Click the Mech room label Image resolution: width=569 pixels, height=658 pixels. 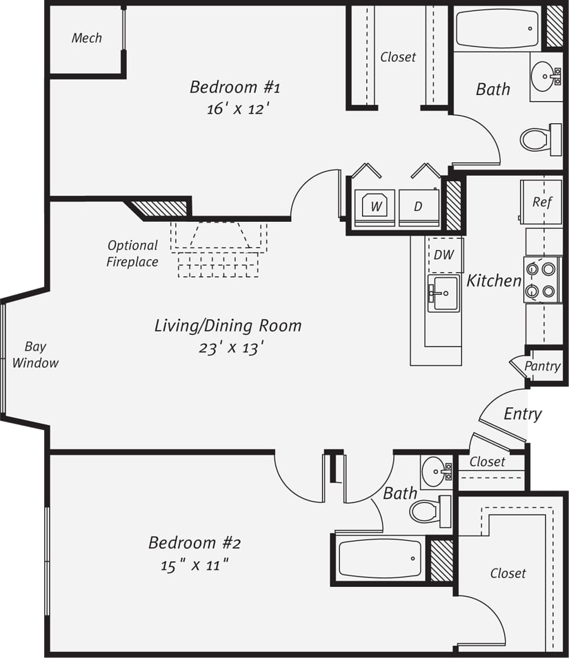coord(87,38)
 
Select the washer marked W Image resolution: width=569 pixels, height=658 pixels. coord(375,205)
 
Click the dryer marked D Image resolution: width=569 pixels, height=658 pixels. coord(418,206)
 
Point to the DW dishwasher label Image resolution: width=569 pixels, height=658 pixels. coord(444,254)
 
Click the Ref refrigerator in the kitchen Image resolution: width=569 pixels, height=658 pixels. coord(541,202)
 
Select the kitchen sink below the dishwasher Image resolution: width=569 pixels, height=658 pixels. coord(443,294)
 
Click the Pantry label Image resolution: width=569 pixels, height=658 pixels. coord(542,366)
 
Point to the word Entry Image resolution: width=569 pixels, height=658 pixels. coord(522,413)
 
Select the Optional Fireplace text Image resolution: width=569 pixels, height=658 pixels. coord(132,253)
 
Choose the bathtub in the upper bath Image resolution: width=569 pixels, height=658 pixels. coord(497,29)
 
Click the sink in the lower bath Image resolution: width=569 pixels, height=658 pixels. coord(436,472)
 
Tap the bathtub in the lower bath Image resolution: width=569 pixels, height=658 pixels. coord(380,559)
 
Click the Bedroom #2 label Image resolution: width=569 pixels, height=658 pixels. coord(194,543)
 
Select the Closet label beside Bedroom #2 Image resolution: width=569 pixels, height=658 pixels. coord(508,573)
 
